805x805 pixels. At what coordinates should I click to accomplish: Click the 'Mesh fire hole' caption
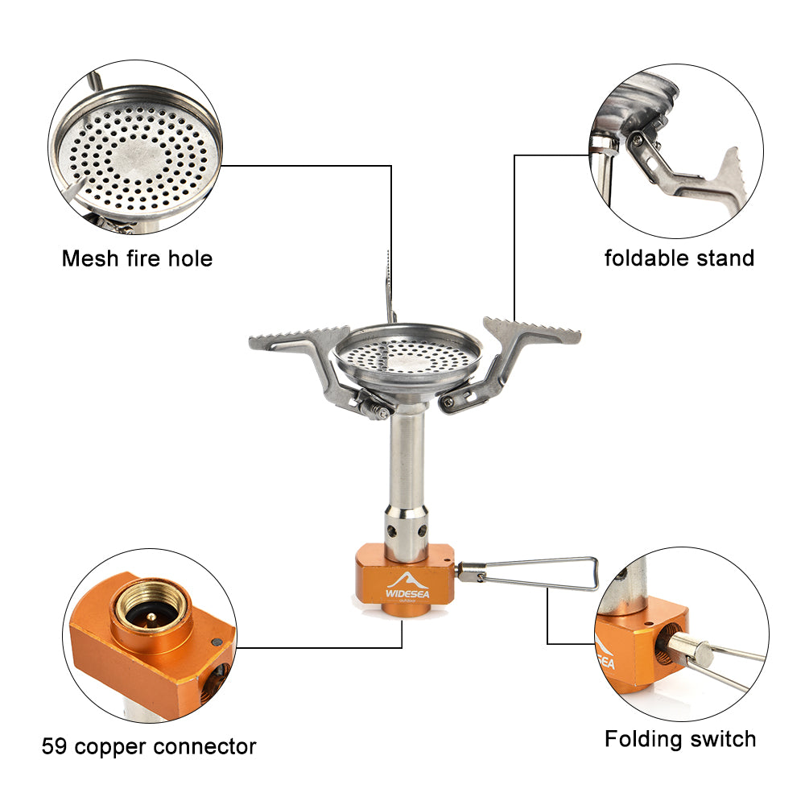137,258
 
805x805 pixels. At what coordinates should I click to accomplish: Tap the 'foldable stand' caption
679,258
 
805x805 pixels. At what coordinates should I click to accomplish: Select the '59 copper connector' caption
149,746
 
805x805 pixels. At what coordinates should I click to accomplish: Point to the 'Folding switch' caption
680,738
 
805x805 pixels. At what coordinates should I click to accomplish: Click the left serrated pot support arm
298,338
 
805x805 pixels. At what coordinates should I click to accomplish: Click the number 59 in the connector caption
54,746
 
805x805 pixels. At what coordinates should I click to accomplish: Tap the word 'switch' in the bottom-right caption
720,738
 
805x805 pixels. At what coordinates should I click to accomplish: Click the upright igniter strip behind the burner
389,286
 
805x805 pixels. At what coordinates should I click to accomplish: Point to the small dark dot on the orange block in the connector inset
215,642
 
